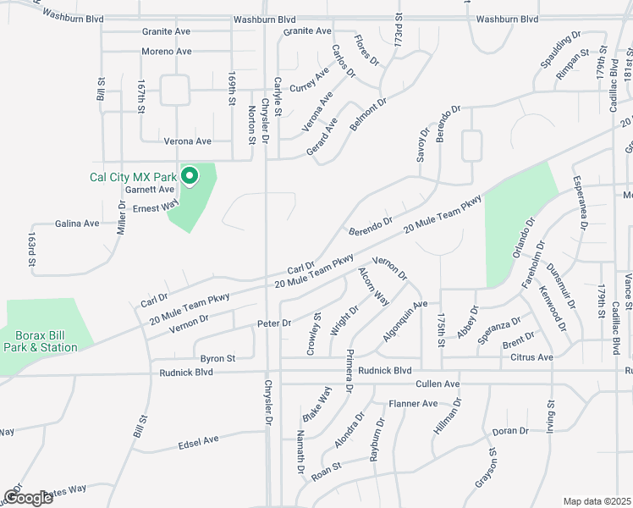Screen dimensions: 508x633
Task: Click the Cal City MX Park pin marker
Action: coord(190,175)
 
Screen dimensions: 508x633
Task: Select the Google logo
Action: coord(28,497)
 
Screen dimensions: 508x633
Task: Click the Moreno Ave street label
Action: coord(166,52)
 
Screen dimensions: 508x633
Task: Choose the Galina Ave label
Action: coord(77,224)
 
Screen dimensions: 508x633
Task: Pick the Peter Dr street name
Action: coord(273,323)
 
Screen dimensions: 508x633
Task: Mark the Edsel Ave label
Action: coord(199,441)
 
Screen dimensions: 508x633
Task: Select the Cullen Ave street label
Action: coord(438,384)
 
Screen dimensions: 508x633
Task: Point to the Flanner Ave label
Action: coord(412,404)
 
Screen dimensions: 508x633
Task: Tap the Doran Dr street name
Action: coord(509,431)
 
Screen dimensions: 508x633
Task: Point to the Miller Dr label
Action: coord(122,218)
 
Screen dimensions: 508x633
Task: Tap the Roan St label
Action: coord(326,472)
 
